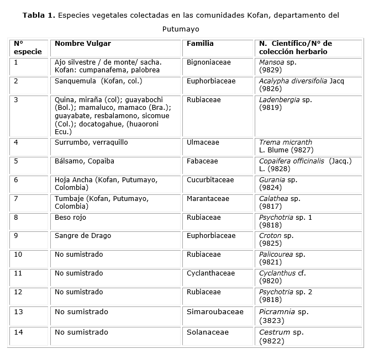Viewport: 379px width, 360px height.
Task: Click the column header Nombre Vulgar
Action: click(x=83, y=43)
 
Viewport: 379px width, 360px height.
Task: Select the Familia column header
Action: click(x=200, y=43)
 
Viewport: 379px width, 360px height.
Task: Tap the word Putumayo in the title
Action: click(x=181, y=28)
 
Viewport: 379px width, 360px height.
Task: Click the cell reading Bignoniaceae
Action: click(x=209, y=62)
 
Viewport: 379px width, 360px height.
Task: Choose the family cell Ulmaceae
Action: click(x=203, y=142)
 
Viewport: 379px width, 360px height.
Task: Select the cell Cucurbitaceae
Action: click(x=211, y=180)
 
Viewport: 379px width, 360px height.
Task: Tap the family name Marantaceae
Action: click(x=208, y=199)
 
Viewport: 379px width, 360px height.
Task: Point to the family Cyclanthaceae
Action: click(x=210, y=273)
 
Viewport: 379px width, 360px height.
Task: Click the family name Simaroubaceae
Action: click(x=215, y=312)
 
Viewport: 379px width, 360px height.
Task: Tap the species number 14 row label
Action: click(x=18, y=332)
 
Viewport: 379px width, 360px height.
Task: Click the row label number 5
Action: click(x=16, y=161)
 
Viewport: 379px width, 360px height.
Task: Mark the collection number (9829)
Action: click(x=270, y=70)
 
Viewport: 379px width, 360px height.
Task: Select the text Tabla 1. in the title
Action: click(x=39, y=15)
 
